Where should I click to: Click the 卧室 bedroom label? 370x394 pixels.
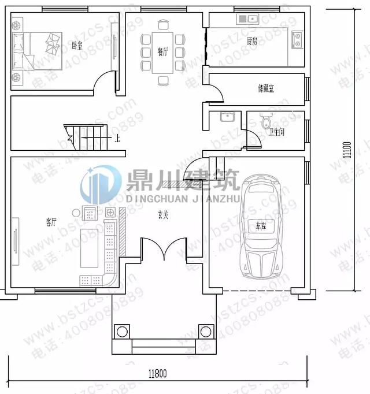[x=76, y=44]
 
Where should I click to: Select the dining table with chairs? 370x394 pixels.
[x=164, y=52]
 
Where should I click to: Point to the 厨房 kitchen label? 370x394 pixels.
[x=252, y=41]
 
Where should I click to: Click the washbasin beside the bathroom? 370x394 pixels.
[x=226, y=117]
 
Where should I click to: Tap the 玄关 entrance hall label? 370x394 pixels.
[x=164, y=215]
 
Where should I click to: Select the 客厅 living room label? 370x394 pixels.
[x=51, y=221]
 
